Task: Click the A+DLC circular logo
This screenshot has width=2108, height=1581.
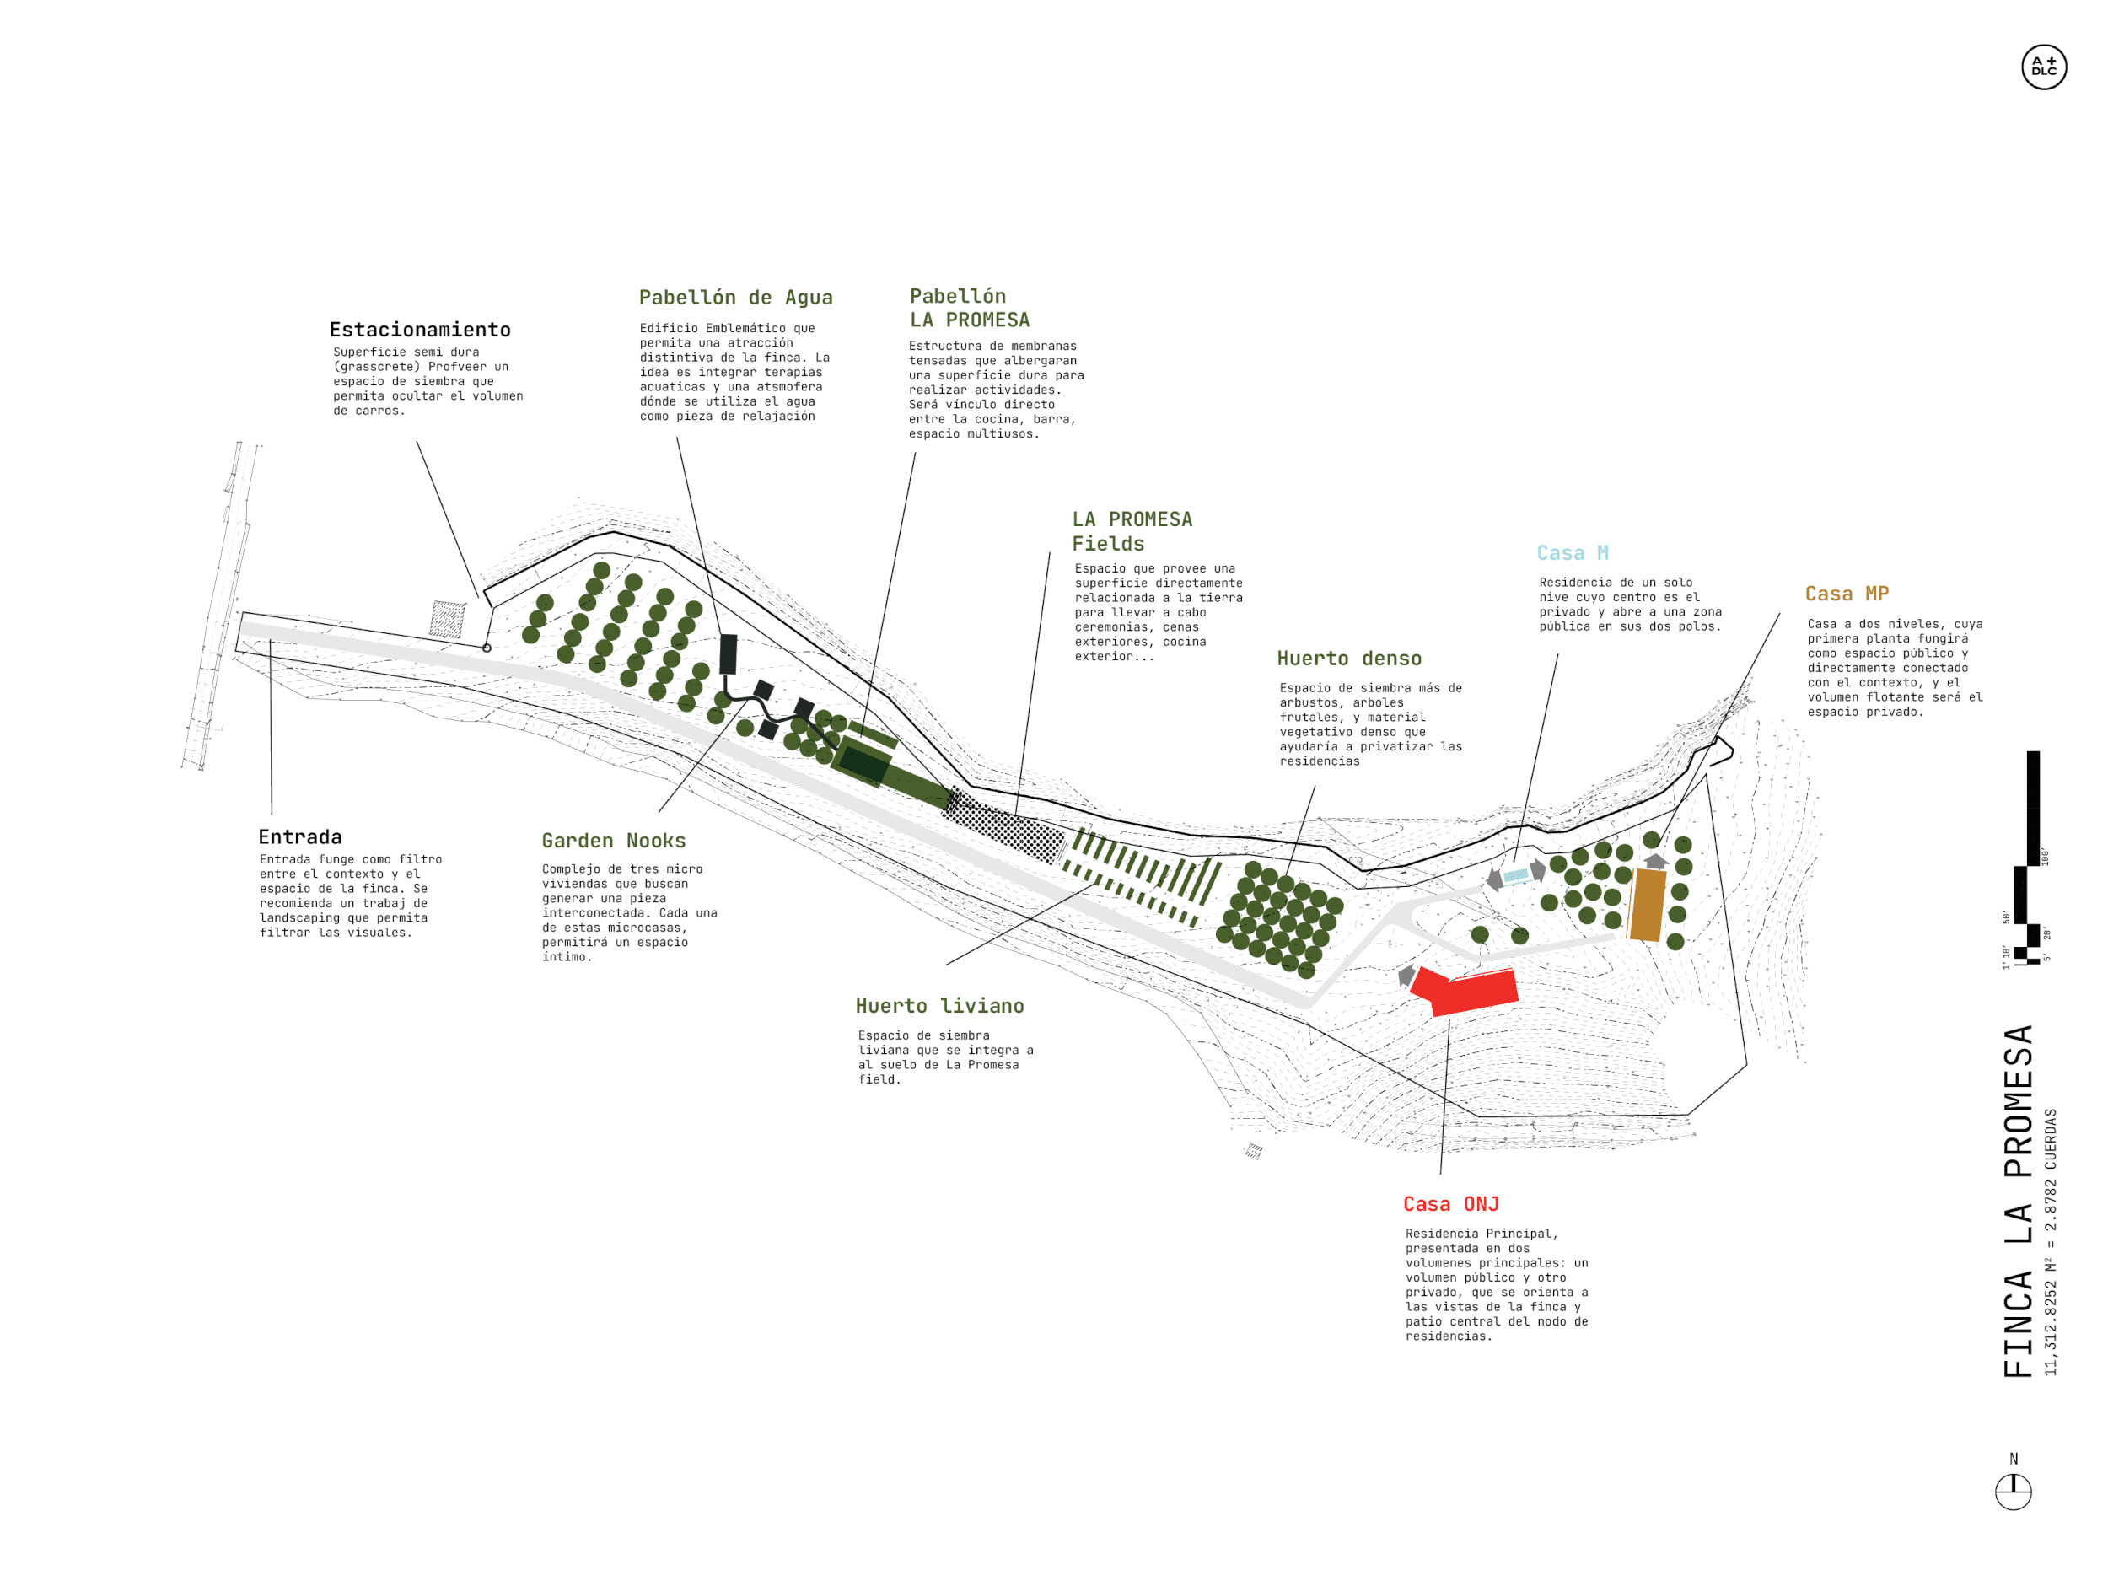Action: tap(2043, 67)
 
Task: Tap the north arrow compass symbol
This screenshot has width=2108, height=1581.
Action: tap(2013, 1492)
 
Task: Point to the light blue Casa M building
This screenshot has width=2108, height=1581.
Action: tap(1515, 875)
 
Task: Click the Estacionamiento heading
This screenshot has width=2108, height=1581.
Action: tap(420, 330)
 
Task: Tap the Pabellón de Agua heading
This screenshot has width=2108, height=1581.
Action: tap(736, 298)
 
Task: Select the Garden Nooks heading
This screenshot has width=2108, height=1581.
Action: tap(614, 841)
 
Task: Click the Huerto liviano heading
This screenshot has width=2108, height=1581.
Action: tap(939, 1005)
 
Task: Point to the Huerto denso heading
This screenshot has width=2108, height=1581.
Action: tap(1349, 659)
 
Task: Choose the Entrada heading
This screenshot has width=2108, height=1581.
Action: tap(300, 836)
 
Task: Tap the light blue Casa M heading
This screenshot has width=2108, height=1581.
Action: tap(1573, 553)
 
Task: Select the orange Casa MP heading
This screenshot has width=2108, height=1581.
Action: tap(1847, 594)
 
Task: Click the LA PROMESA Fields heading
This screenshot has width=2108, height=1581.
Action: tap(1132, 531)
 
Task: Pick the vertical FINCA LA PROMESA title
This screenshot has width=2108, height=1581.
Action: tap(2019, 1201)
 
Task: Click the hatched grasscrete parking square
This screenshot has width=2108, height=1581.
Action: tap(447, 620)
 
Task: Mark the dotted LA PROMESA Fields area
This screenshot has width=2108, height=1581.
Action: tap(1005, 825)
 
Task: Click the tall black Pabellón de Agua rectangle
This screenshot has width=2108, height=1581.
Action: tap(728, 653)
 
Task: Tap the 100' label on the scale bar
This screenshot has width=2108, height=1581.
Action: tap(2044, 856)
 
